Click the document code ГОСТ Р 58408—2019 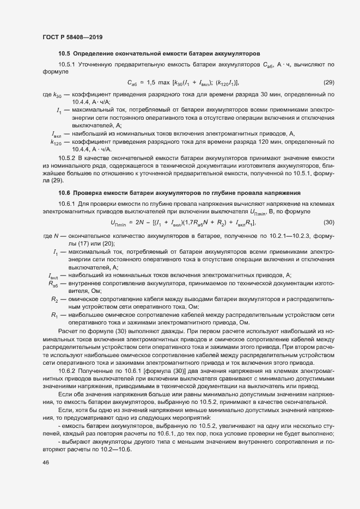72,37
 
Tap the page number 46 46,463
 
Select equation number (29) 329,83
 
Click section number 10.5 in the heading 64,54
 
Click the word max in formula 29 164,83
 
